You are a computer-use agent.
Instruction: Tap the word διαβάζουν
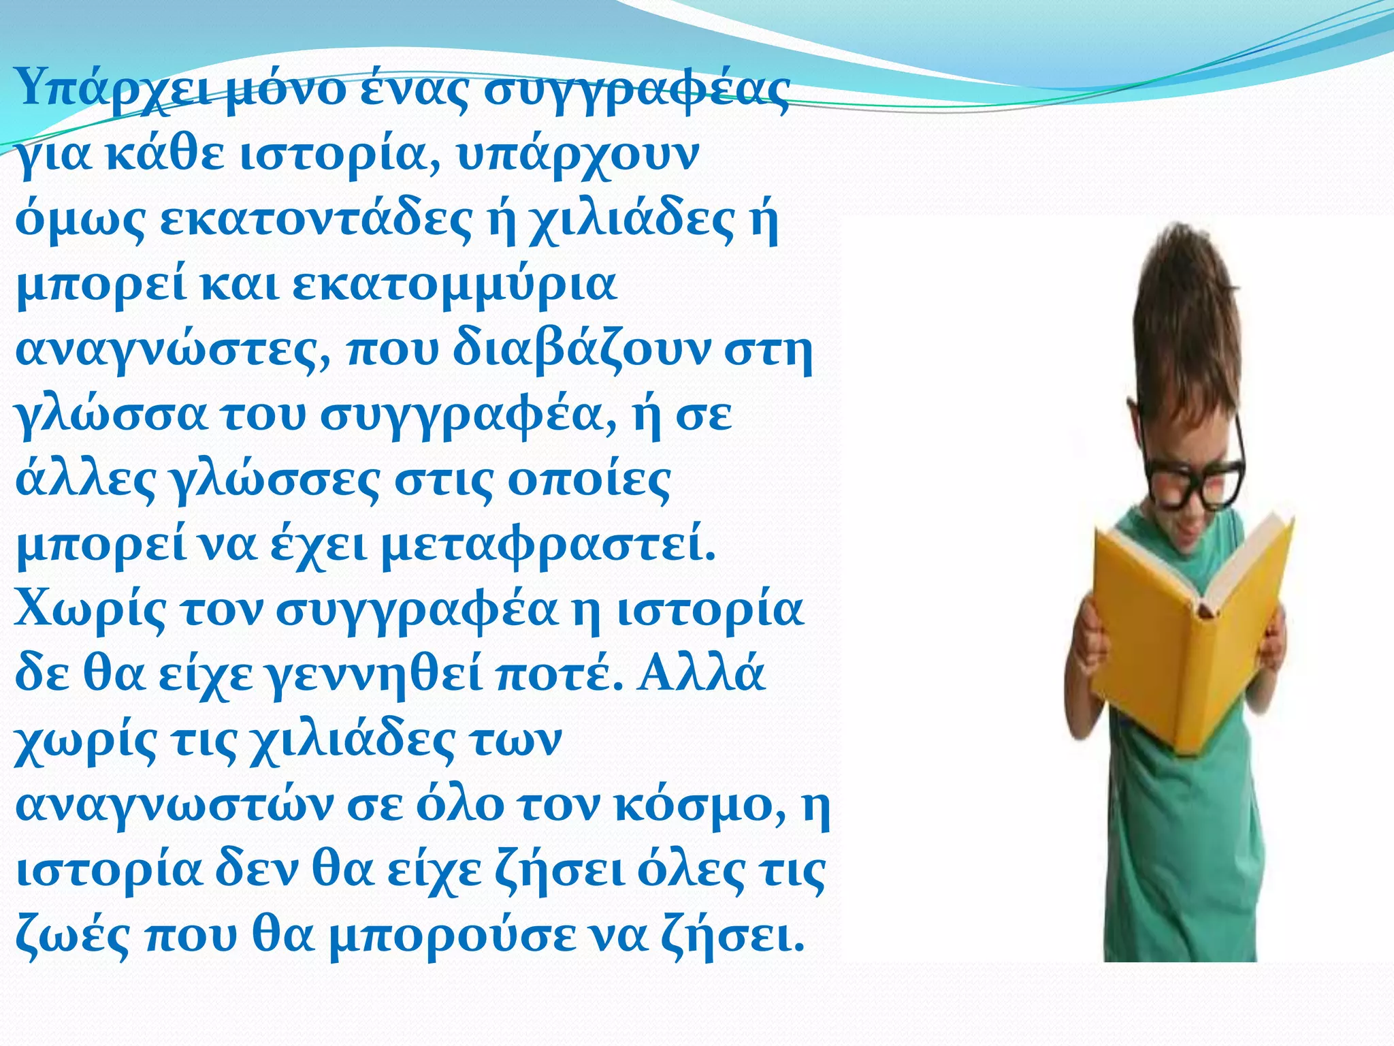(x=582, y=349)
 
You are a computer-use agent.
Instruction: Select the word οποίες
(x=589, y=479)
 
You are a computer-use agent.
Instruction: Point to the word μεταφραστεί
(x=549, y=544)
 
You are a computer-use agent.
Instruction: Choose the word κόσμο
(x=698, y=804)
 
